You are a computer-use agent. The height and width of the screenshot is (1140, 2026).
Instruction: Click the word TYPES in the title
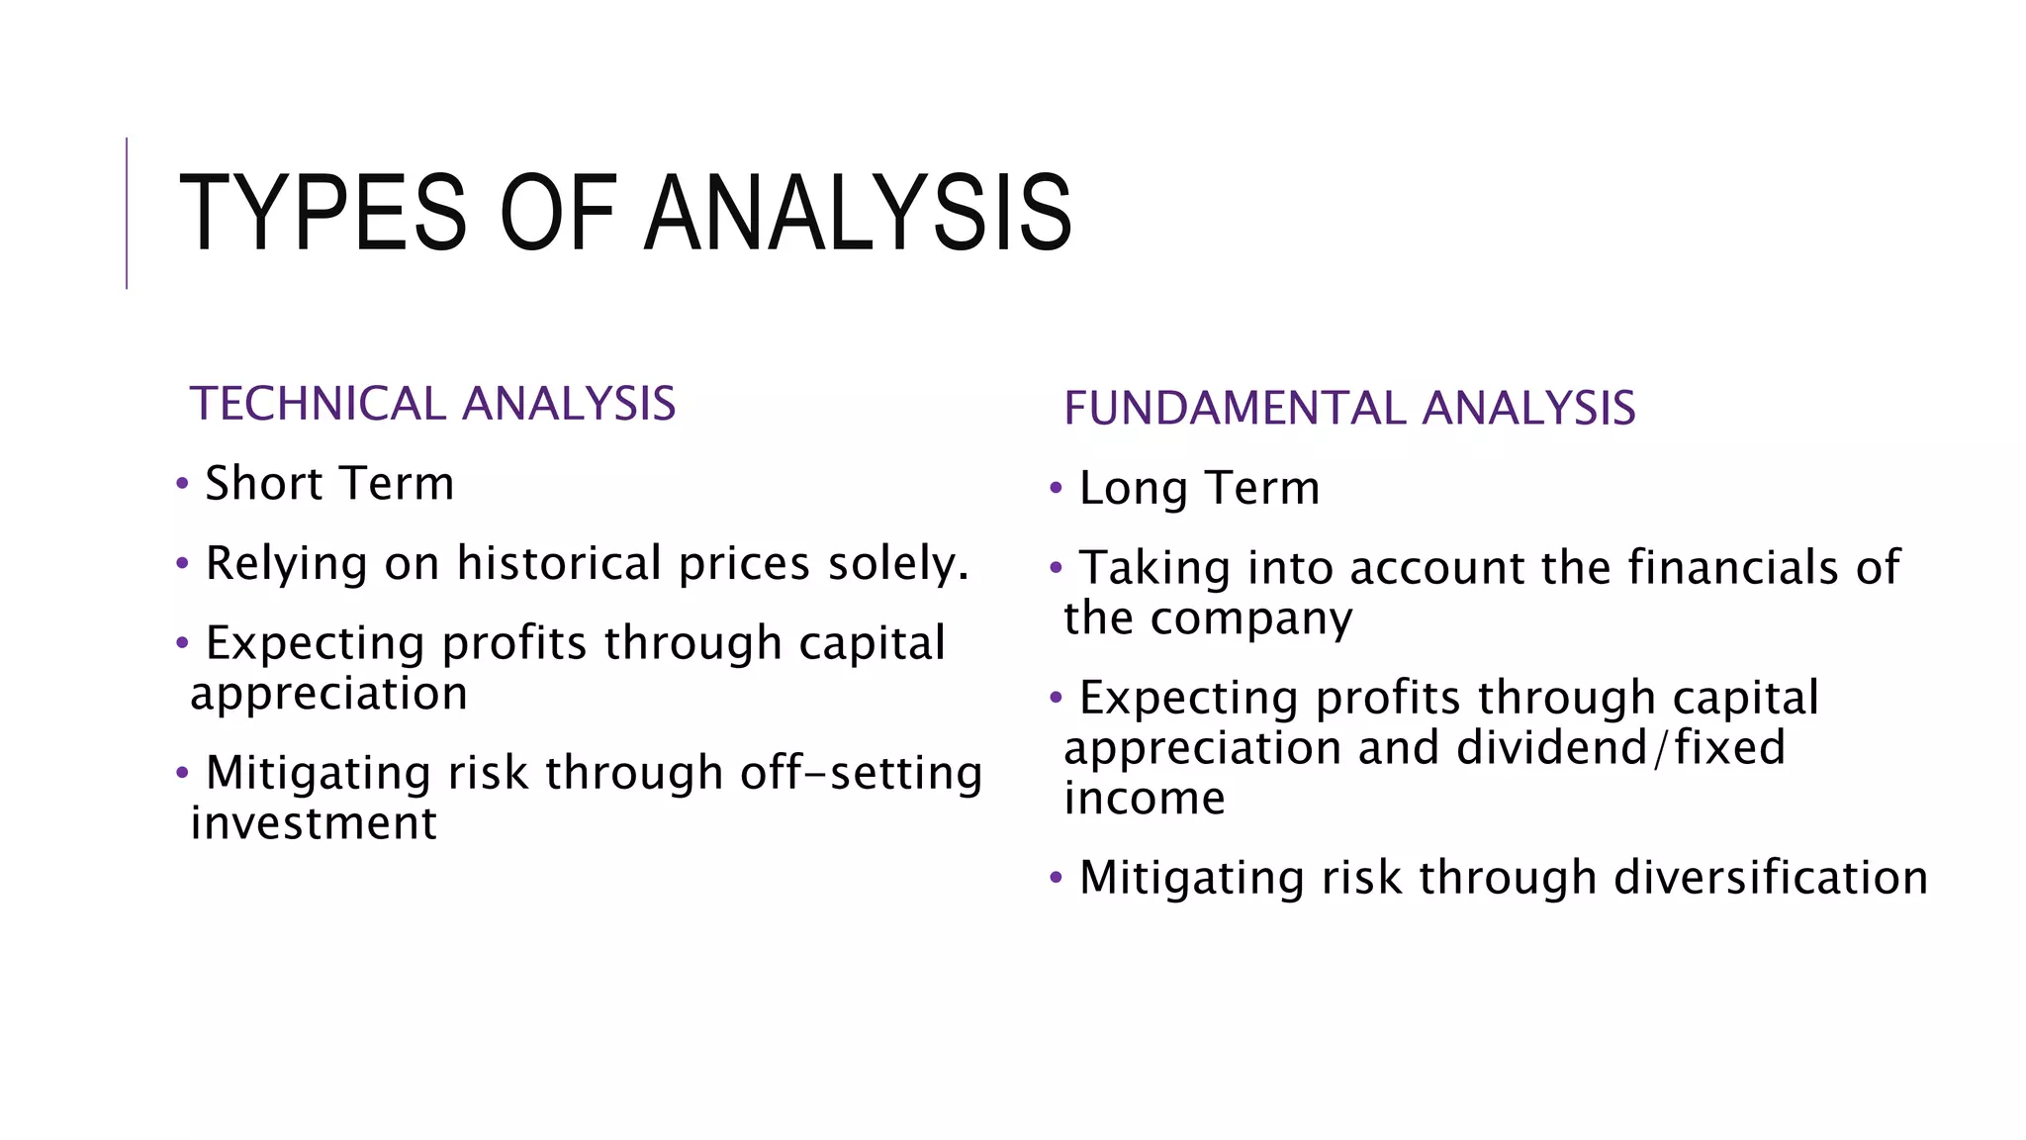(x=322, y=214)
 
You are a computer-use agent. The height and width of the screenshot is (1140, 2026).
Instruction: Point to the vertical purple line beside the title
(x=127, y=213)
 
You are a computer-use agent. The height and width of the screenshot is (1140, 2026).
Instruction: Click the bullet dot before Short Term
(x=182, y=484)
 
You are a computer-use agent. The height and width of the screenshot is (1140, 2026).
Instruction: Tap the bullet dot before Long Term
(x=1056, y=488)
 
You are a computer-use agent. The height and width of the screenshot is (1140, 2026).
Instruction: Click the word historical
(x=559, y=563)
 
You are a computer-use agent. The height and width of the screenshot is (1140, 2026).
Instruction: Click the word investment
(x=314, y=823)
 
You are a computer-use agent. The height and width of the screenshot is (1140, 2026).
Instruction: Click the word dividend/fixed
(x=1620, y=747)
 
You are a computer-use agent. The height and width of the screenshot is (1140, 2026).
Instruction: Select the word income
(x=1145, y=798)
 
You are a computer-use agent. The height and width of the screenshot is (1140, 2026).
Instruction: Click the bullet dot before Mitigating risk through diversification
(x=1056, y=877)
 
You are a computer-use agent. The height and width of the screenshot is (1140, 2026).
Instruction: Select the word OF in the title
(x=558, y=214)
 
